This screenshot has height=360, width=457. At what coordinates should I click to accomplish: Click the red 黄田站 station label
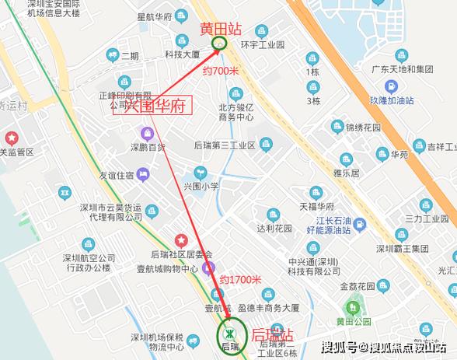[x=221, y=29]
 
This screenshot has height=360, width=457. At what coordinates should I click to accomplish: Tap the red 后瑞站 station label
[x=272, y=335]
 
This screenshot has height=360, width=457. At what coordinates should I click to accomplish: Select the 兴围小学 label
[x=200, y=187]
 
